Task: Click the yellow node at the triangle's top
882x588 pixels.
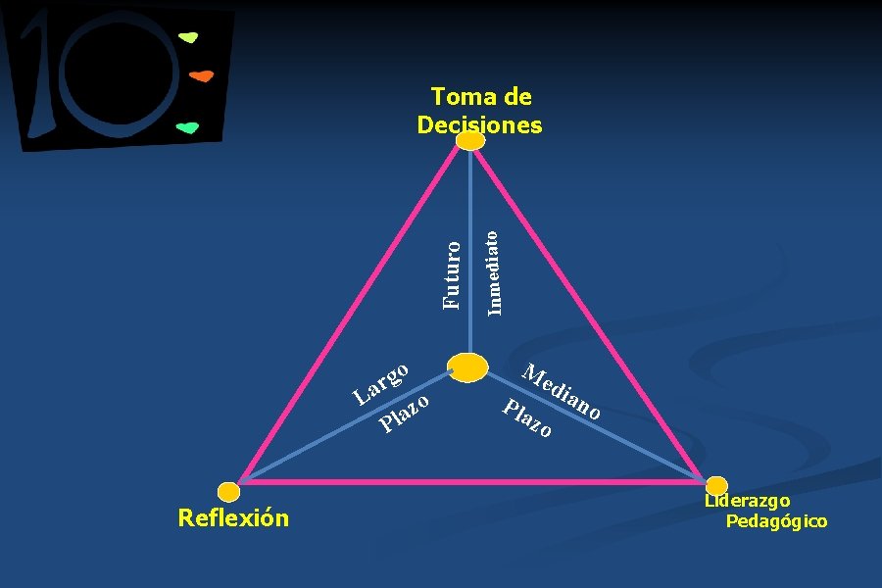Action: tap(471, 141)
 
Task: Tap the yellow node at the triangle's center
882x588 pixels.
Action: tap(467, 367)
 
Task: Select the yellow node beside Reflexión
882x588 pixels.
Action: tap(228, 491)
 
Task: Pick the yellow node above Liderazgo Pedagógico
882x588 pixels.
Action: tap(716, 485)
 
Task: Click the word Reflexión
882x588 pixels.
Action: tap(233, 517)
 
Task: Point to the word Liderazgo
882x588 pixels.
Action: tap(747, 502)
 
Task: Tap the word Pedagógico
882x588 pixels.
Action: tap(776, 521)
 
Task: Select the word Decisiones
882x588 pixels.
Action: tap(479, 125)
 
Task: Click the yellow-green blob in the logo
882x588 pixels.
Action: tap(188, 38)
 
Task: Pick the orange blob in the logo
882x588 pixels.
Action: tap(201, 75)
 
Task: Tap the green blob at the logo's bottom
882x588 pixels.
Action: tap(187, 127)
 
